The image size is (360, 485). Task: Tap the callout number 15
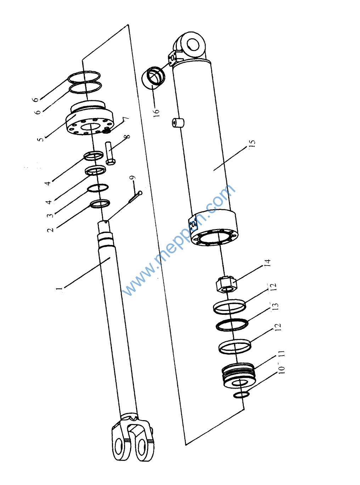(x=252, y=144)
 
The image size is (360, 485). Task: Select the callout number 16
(x=156, y=113)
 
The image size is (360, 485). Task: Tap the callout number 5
(x=41, y=138)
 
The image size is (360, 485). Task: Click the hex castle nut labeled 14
(x=226, y=284)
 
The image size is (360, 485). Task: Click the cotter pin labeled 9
(x=135, y=196)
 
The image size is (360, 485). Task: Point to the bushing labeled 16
(x=153, y=77)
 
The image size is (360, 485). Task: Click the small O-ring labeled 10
(x=241, y=395)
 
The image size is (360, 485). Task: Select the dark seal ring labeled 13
(x=232, y=324)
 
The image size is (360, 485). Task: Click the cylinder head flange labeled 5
(x=90, y=118)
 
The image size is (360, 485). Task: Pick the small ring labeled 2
(x=100, y=204)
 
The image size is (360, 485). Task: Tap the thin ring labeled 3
(x=98, y=188)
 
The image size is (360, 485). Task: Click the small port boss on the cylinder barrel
(x=178, y=123)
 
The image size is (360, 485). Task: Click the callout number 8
(x=128, y=136)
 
